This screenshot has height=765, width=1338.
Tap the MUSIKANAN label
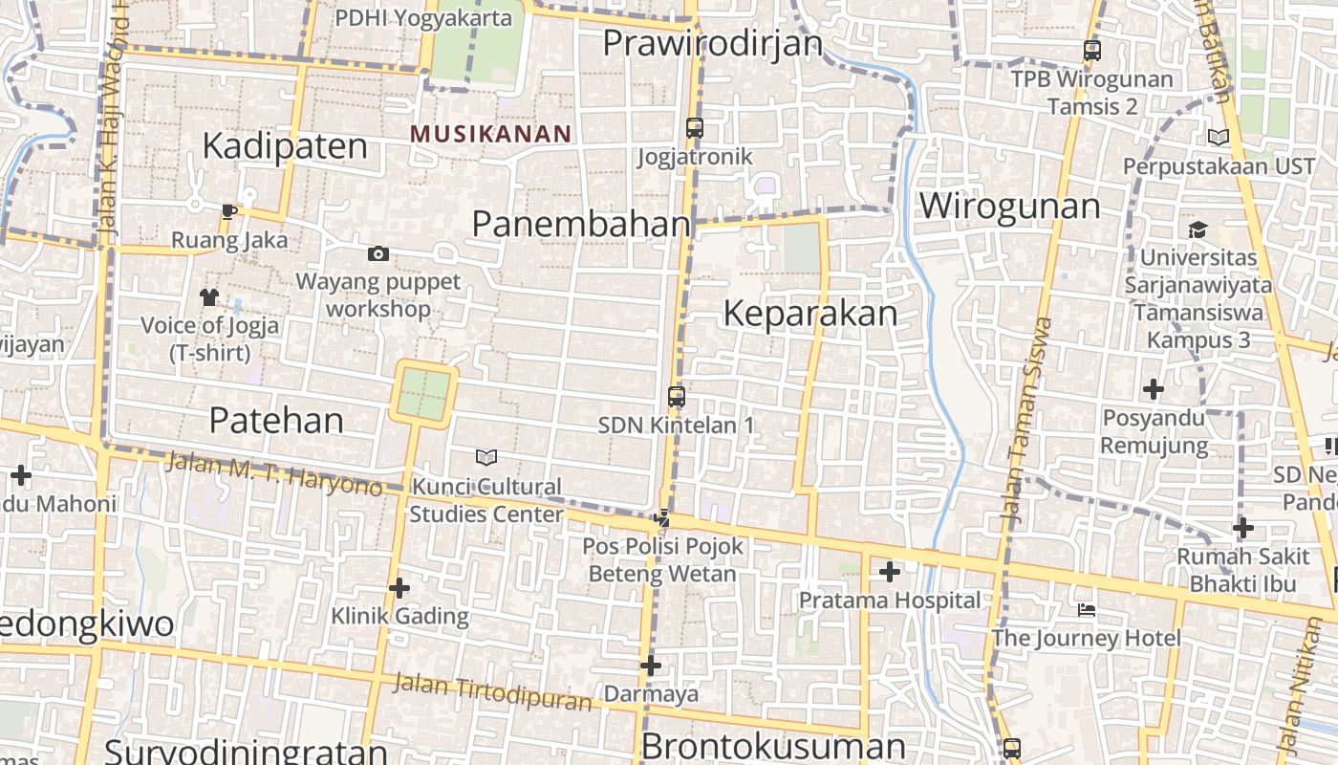(x=490, y=134)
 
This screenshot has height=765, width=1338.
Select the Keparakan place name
(x=810, y=314)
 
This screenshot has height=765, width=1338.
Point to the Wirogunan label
(x=1009, y=207)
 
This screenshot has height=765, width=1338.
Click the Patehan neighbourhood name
(x=276, y=420)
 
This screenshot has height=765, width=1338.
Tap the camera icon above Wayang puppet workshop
(x=378, y=253)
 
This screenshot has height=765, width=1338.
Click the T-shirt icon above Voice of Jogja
(x=209, y=297)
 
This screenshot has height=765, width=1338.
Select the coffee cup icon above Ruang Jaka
(x=228, y=211)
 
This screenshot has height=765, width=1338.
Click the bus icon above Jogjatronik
(x=695, y=127)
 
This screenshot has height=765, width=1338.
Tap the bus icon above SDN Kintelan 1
(x=677, y=396)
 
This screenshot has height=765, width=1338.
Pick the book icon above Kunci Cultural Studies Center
(x=486, y=457)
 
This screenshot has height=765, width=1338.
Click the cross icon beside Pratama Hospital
(x=890, y=572)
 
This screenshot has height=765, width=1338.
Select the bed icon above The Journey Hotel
(x=1086, y=609)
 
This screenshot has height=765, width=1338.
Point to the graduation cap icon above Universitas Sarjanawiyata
(x=1198, y=229)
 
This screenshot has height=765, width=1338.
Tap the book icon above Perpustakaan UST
(x=1218, y=138)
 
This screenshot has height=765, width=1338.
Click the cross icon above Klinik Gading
(x=399, y=587)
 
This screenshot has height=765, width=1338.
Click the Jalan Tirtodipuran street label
(x=492, y=691)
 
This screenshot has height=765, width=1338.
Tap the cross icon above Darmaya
(x=651, y=666)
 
